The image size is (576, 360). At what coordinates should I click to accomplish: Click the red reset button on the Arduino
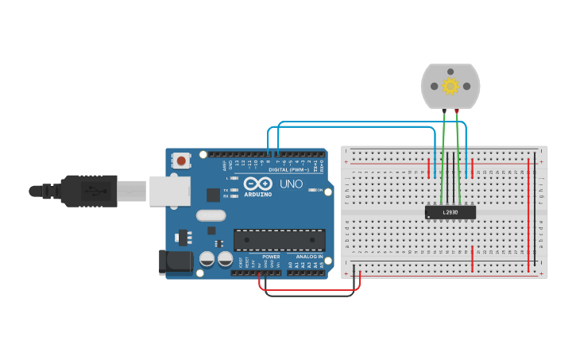tap(181, 161)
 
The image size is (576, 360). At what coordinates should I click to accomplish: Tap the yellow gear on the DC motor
tap(450, 86)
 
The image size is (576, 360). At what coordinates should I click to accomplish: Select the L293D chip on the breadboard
tap(450, 212)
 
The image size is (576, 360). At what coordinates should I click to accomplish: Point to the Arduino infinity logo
tap(257, 184)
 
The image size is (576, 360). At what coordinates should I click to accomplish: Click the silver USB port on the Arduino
tap(170, 191)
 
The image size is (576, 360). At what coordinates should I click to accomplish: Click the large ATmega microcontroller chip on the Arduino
tap(279, 240)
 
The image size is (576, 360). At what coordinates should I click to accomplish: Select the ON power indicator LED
tap(311, 191)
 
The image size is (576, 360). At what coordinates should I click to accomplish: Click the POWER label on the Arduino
tap(271, 257)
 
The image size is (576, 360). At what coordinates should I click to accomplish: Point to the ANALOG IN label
tap(309, 257)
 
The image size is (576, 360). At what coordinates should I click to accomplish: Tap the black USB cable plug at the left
tap(79, 191)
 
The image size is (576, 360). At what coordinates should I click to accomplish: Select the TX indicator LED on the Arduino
tap(234, 191)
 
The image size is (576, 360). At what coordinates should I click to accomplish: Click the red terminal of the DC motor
tap(457, 110)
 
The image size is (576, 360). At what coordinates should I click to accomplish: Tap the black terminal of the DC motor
tap(444, 110)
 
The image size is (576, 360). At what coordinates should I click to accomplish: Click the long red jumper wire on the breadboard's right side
tap(528, 215)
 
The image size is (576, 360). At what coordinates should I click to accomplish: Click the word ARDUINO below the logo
tap(258, 195)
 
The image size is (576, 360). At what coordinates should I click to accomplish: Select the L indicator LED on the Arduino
tap(234, 178)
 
